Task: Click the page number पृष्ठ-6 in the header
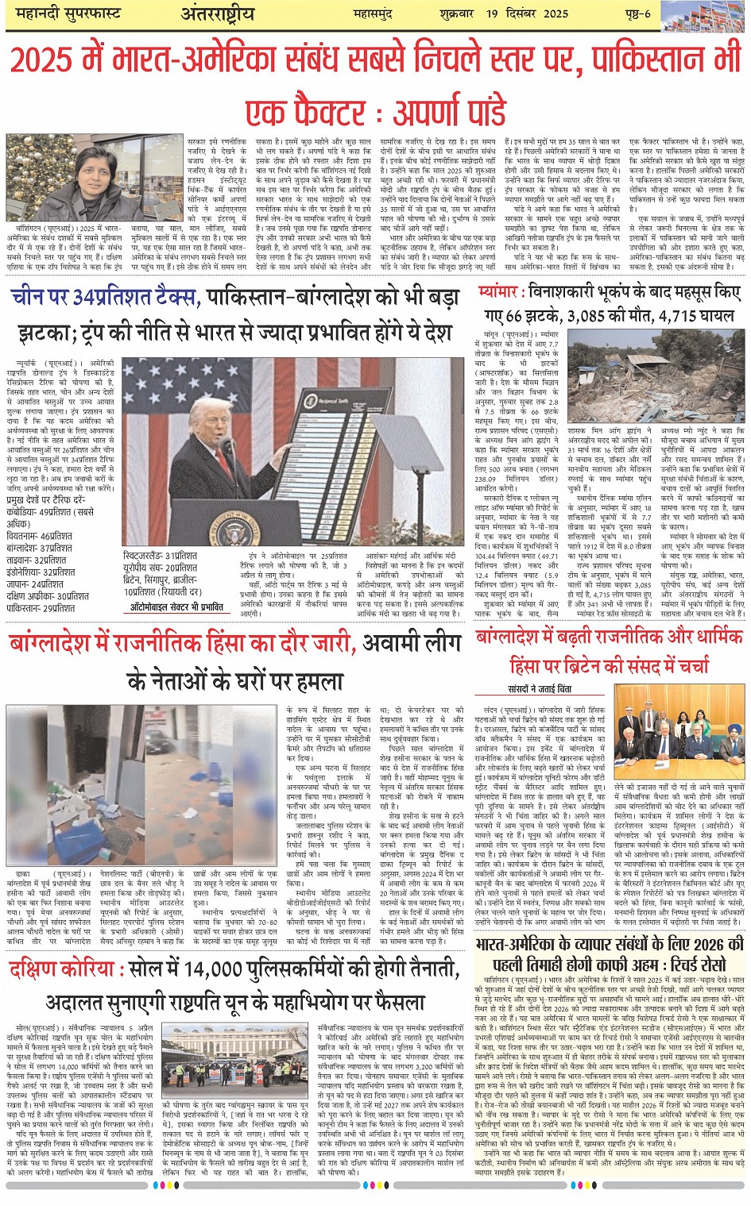point(635,13)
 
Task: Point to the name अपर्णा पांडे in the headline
point(448,109)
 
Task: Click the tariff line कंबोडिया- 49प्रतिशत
point(49,512)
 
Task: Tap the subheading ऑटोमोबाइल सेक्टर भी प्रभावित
point(177,607)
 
